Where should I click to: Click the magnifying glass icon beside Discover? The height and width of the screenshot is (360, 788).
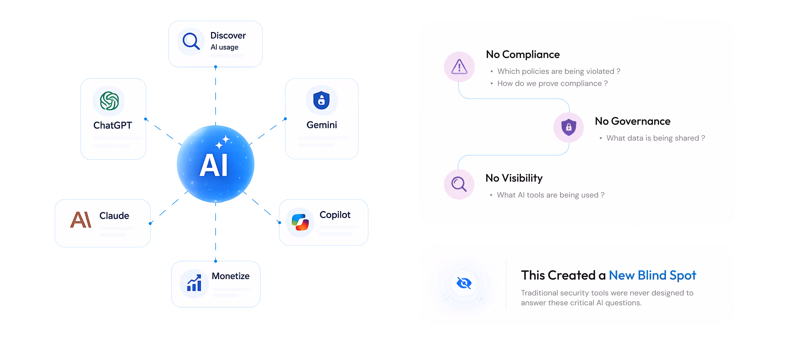191,41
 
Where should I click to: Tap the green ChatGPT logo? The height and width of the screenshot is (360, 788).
109,101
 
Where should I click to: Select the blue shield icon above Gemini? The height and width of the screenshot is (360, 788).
321,100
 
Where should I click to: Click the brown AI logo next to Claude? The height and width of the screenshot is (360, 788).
81,220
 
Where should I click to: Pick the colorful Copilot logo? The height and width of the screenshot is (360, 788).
300,222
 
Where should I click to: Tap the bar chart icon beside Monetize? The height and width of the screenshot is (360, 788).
194,283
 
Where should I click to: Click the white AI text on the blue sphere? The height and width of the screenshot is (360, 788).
213,165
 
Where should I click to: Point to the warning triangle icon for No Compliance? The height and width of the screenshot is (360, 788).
459,67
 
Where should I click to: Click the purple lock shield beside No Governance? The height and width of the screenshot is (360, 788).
569,127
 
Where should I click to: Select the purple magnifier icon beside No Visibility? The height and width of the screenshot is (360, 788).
459,184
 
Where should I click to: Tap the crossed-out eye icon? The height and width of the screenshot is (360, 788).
464,283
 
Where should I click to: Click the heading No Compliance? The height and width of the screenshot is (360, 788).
523,54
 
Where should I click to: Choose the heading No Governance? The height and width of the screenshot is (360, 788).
633,121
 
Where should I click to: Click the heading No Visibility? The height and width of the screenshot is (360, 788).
514,178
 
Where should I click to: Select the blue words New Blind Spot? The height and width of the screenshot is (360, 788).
652,275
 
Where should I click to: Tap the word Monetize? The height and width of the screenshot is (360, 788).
231,276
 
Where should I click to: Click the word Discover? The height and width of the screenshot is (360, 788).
228,36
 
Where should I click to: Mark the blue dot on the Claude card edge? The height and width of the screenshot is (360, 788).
150,223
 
